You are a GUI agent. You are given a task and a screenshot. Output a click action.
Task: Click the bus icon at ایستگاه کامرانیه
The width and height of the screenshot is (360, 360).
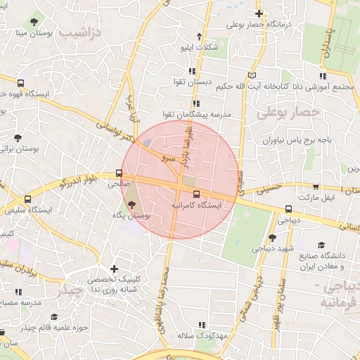(x=195, y=194)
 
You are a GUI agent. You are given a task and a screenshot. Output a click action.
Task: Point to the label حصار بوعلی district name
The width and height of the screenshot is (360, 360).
(x=288, y=112)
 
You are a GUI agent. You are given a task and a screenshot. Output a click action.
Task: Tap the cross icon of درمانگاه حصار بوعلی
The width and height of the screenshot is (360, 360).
(x=259, y=13)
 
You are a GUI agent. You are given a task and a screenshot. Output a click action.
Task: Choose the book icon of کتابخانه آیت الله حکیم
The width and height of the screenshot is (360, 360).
(x=253, y=75)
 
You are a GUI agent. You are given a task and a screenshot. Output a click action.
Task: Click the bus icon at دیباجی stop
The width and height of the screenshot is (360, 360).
(x=288, y=209)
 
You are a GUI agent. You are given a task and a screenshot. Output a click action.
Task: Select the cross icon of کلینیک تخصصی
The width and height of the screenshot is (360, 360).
(x=114, y=268)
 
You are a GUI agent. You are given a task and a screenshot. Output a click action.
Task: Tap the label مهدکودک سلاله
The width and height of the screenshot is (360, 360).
(x=215, y=335)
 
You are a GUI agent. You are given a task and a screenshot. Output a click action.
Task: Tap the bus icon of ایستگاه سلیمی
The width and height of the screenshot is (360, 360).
(x=27, y=199)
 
